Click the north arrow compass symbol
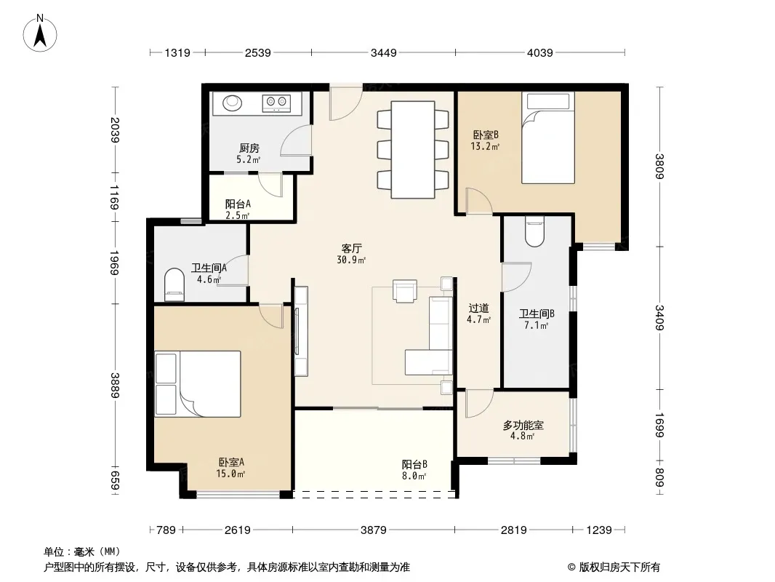click(40, 33)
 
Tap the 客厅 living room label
click(351, 248)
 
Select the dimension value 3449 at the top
click(384, 52)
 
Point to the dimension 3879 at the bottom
click(373, 530)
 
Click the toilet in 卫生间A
click(174, 285)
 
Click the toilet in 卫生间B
click(534, 231)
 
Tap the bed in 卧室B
click(548, 138)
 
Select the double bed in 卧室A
click(198, 384)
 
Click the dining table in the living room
click(413, 150)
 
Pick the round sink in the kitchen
click(233, 103)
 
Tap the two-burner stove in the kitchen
click(276, 103)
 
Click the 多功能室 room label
click(523, 426)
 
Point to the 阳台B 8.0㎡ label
click(414, 470)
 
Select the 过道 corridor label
click(478, 308)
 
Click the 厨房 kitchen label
click(249, 148)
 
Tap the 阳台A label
click(238, 204)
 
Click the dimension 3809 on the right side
click(659, 166)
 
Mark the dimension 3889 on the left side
click(115, 385)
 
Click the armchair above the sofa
click(405, 290)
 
